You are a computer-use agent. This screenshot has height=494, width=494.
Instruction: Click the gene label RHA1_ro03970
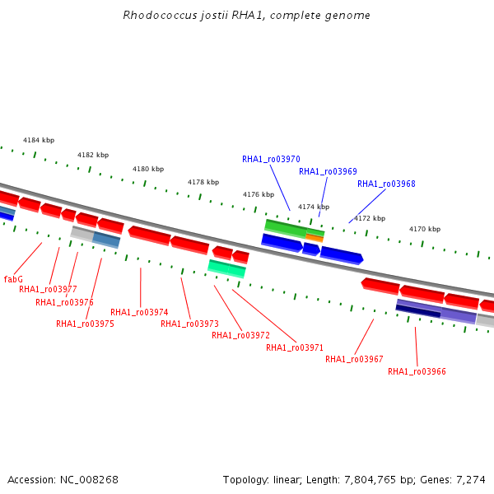(x=271, y=159)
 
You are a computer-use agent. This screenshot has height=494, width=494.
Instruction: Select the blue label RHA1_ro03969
(x=328, y=171)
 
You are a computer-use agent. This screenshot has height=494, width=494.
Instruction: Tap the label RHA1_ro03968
(x=386, y=184)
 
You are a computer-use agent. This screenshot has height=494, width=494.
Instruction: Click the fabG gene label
(x=13, y=279)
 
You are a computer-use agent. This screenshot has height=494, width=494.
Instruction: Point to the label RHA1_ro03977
(x=48, y=289)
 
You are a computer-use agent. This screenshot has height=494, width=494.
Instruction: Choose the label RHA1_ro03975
(x=85, y=324)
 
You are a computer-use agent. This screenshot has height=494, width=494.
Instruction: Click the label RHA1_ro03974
(x=139, y=312)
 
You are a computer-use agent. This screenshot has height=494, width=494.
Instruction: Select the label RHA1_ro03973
(x=189, y=324)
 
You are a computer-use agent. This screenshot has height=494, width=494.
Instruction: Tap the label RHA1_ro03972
(x=240, y=336)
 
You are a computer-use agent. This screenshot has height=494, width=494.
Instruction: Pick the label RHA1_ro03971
(x=295, y=347)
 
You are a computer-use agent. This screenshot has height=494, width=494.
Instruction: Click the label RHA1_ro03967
(x=354, y=359)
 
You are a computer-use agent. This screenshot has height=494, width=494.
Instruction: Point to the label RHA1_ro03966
(x=417, y=372)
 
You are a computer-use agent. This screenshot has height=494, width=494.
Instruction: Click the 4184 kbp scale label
(x=39, y=140)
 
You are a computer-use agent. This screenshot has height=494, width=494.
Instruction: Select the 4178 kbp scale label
(x=203, y=182)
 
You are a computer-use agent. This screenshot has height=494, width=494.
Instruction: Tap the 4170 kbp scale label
(x=425, y=229)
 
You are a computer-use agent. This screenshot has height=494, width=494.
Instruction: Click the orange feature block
(x=315, y=238)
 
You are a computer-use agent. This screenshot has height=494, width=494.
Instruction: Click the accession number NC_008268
(x=89, y=480)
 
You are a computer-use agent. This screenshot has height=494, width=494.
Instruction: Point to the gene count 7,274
(x=471, y=480)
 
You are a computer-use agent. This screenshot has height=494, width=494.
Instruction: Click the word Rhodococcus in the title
(x=160, y=15)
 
